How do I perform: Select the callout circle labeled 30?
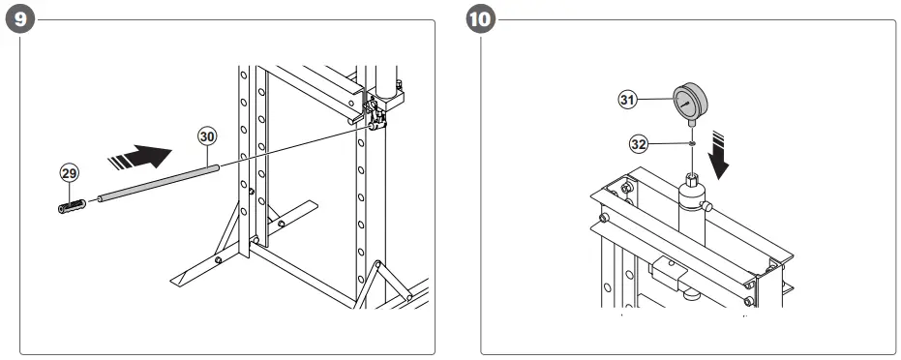[206, 136]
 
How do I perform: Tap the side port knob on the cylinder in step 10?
[711, 206]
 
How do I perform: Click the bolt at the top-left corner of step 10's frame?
[625, 186]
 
